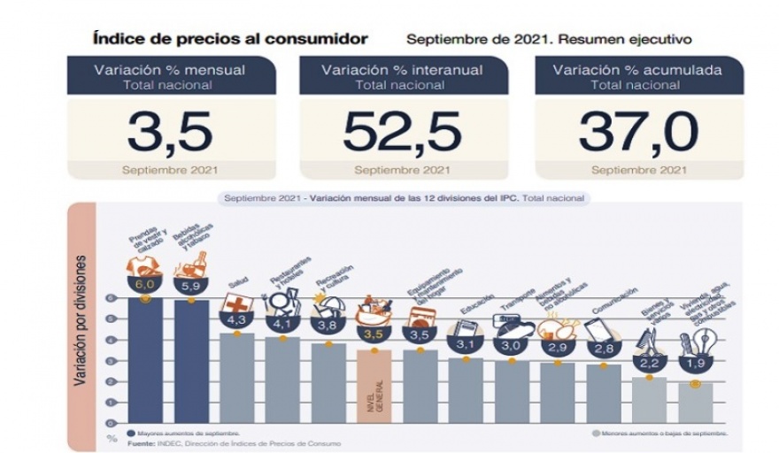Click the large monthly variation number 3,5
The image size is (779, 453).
pos(169,132)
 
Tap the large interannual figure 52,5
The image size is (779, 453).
pos(402,132)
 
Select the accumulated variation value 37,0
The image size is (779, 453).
pos(637,132)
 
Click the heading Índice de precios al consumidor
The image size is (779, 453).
pos(229,39)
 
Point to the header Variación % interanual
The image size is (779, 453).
pos(402,70)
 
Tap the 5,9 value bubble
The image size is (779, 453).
pos(190,286)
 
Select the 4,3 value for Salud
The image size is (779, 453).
pos(236,319)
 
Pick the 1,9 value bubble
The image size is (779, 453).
pos(695,365)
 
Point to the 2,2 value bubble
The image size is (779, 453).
pos(650,360)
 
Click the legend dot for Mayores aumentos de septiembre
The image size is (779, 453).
pos(131,434)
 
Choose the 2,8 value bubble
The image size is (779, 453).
pos(603,349)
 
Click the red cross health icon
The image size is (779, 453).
pos(243,302)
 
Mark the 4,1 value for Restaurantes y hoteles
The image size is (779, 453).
pos(282,323)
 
